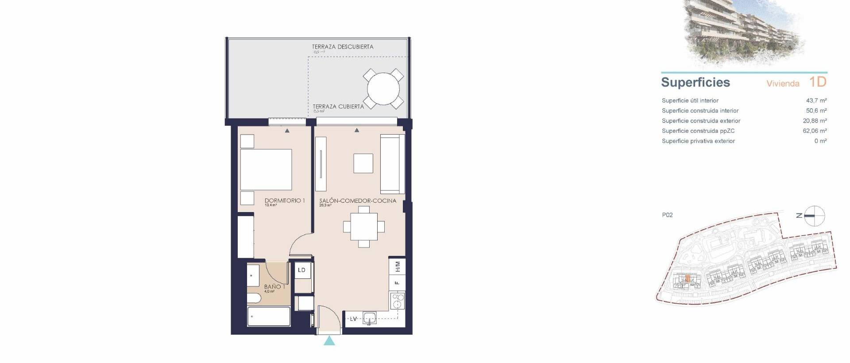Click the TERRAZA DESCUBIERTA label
tap(342, 46)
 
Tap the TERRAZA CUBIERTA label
tap(338, 106)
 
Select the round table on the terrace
tap(383, 89)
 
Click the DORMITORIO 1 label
tap(284, 201)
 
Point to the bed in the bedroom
tap(266, 170)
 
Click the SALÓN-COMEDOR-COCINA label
tap(358, 201)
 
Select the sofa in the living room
tap(392, 164)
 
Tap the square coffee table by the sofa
tap(363, 163)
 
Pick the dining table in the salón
tap(364, 227)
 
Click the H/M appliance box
tap(397, 266)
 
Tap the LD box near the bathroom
tap(302, 270)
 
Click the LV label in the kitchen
tap(353, 319)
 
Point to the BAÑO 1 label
tap(274, 287)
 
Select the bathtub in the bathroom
tap(269, 317)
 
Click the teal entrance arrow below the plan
tap(329, 340)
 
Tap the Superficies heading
tap(695, 82)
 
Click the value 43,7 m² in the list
tap(816, 100)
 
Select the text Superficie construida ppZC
tap(698, 131)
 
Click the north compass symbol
tap(814, 216)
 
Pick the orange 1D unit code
tap(818, 82)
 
